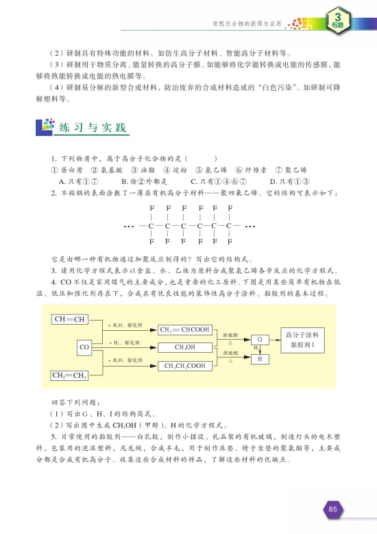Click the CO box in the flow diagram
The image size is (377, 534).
pos(86,347)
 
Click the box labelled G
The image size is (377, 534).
pos(260,340)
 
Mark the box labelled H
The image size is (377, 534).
pos(260,358)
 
